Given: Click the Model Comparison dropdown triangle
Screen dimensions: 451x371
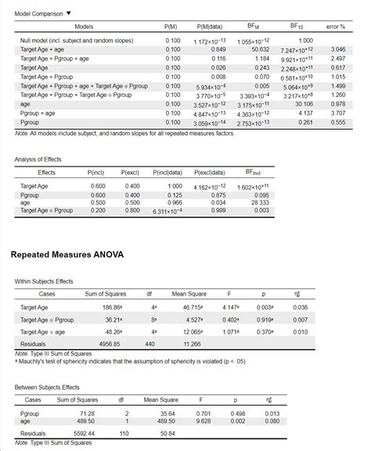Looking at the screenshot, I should (68, 13).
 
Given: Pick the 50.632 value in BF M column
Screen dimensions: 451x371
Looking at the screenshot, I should (258, 49).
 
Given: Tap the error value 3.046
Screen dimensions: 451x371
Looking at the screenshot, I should (338, 49).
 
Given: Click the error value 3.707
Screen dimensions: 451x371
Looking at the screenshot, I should (338, 113).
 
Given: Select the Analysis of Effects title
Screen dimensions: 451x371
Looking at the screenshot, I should (38, 159).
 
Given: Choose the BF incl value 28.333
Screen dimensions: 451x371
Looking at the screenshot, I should (259, 202).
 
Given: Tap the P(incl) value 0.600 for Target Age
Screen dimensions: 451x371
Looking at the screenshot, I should (98, 186).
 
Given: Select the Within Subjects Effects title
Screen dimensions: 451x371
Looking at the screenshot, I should (44, 281).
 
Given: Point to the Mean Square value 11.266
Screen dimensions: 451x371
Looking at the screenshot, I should (193, 343).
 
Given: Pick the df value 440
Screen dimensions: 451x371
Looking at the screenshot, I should (149, 343).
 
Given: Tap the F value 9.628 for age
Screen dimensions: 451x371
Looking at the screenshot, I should (204, 420).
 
